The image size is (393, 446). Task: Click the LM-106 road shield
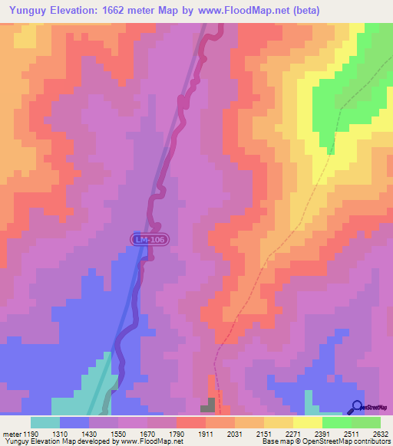pos(148,240)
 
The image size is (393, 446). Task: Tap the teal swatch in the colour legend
pos(45,422)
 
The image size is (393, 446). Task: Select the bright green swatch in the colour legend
pos(336,422)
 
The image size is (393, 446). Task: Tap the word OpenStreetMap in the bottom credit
pos(332,442)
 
